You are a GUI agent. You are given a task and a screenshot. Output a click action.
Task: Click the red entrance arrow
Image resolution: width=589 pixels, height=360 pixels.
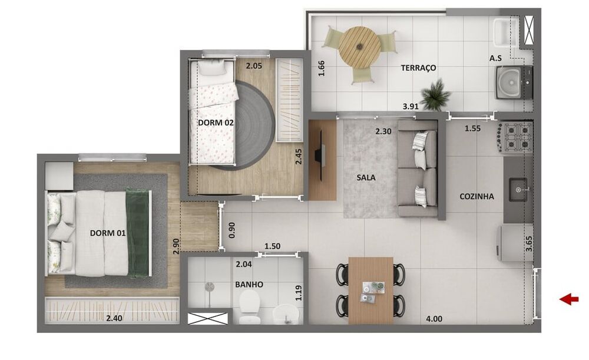click(569, 300)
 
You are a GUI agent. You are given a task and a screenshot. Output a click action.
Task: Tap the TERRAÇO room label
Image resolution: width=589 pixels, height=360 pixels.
click(418, 68)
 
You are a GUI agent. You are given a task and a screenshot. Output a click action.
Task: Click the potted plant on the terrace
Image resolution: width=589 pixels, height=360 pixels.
click(436, 95)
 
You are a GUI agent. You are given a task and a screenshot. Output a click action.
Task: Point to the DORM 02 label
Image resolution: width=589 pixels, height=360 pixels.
click(216, 123)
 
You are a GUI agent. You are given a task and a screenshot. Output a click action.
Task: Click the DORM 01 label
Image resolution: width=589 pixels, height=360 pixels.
click(108, 233)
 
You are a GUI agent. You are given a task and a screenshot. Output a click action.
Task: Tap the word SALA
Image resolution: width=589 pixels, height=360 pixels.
click(366, 177)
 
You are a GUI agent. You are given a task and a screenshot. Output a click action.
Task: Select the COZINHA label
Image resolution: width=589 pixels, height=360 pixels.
click(477, 197)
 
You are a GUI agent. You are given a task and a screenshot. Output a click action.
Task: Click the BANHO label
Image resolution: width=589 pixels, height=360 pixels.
click(249, 285)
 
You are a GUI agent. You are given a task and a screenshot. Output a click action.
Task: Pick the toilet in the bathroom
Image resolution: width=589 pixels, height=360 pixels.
click(250, 308)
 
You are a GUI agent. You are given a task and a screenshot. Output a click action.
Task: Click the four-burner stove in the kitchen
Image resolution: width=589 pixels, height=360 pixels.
click(517, 137)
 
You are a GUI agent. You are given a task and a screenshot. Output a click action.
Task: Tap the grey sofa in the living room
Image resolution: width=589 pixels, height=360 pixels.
click(418, 168)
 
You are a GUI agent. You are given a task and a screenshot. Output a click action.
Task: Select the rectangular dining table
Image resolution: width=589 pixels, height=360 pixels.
click(370, 289)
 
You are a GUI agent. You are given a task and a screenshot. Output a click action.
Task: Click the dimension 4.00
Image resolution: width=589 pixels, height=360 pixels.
click(434, 319)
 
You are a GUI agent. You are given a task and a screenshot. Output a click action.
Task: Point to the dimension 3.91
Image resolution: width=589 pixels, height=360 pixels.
click(411, 107)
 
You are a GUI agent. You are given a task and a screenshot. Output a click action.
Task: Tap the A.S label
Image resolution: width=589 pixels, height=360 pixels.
click(495, 58)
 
